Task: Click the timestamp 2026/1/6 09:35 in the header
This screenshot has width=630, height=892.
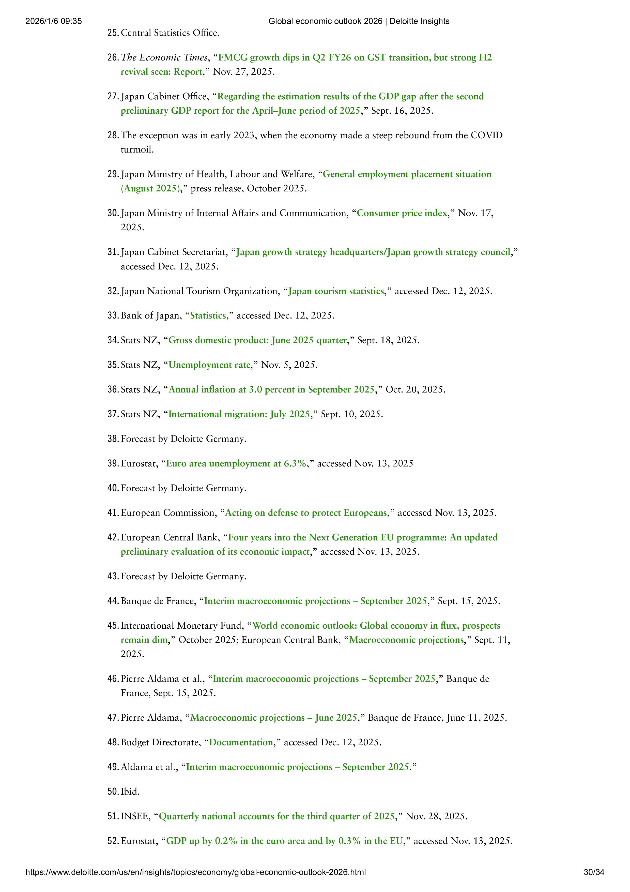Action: coord(54,21)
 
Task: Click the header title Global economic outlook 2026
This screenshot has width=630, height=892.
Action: coord(359,21)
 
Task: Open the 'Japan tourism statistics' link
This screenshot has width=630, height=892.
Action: coord(336,291)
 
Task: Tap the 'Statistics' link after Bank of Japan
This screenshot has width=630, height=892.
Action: coord(208,315)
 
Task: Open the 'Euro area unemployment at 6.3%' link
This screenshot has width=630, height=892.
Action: coord(236,463)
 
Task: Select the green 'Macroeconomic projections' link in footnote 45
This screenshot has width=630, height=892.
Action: coord(406,640)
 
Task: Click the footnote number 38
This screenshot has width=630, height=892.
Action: coord(112,439)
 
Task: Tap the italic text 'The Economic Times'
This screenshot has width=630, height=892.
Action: coord(164,57)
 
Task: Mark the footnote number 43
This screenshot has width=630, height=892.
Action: coord(112,576)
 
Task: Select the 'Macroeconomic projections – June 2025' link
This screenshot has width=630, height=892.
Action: coord(273,718)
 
